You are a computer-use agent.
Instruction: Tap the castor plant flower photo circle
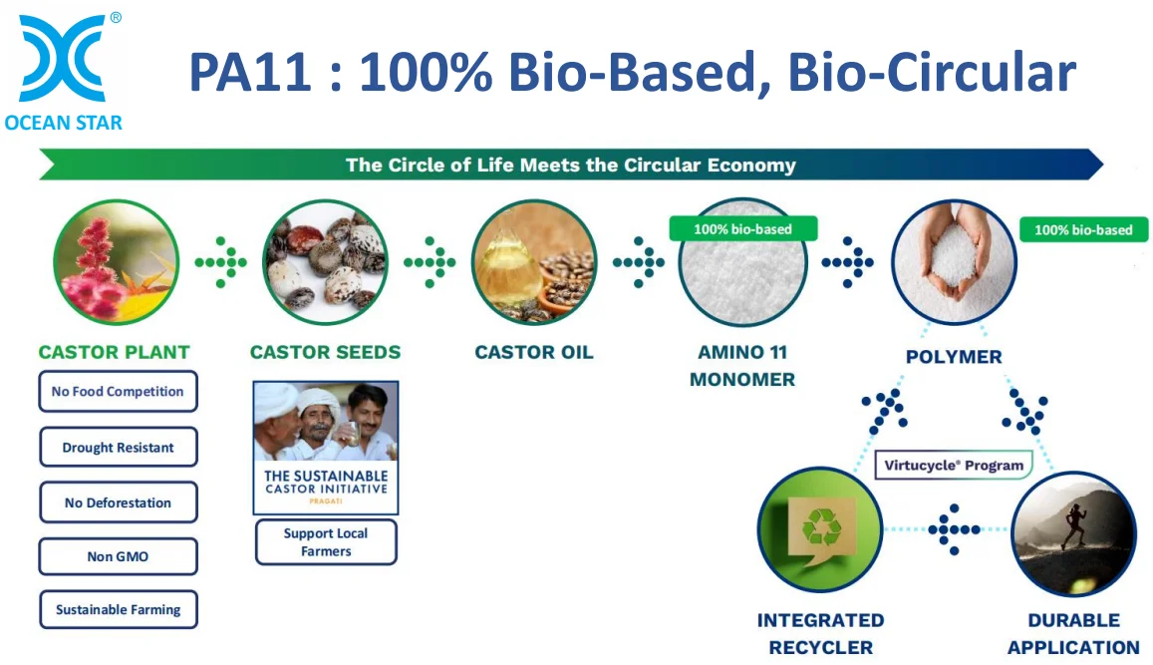117,262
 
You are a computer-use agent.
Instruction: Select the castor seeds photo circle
325,262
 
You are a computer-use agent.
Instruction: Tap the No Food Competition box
118,392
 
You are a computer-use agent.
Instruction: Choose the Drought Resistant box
118,448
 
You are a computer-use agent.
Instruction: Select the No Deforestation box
118,502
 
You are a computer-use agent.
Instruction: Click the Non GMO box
118,556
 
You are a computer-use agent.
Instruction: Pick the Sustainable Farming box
118,609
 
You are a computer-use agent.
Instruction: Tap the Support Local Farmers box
326,542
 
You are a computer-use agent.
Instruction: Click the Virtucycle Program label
954,465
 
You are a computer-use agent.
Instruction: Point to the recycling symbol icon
820,525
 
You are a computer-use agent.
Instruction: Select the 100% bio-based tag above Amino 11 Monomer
742,229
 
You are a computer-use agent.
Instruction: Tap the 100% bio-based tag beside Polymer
1083,230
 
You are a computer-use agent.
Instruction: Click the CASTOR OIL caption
534,352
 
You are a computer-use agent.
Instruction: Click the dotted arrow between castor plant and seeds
221,262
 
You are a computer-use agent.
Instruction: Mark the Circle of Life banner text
570,165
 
